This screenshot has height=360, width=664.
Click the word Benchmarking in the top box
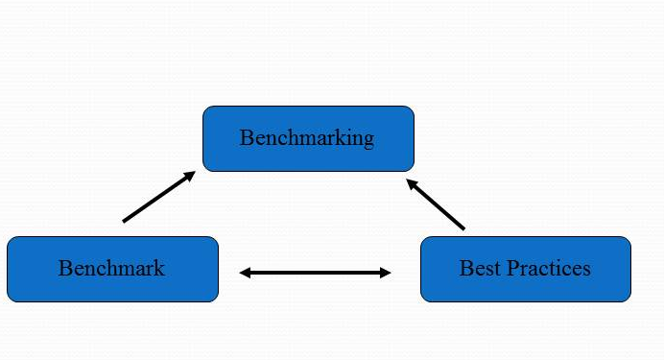pos(307,138)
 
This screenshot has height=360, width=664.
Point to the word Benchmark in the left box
pos(111,268)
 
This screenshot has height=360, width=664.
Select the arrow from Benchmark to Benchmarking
pos(158,197)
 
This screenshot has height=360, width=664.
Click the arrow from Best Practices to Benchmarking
pos(436,204)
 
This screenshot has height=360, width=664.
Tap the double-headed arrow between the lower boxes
pos(315,273)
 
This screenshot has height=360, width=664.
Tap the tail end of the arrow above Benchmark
pos(125,221)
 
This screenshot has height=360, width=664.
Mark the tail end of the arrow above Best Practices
pos(462,228)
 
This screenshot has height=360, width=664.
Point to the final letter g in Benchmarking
pos(368,140)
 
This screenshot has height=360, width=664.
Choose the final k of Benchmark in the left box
pos(159,268)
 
